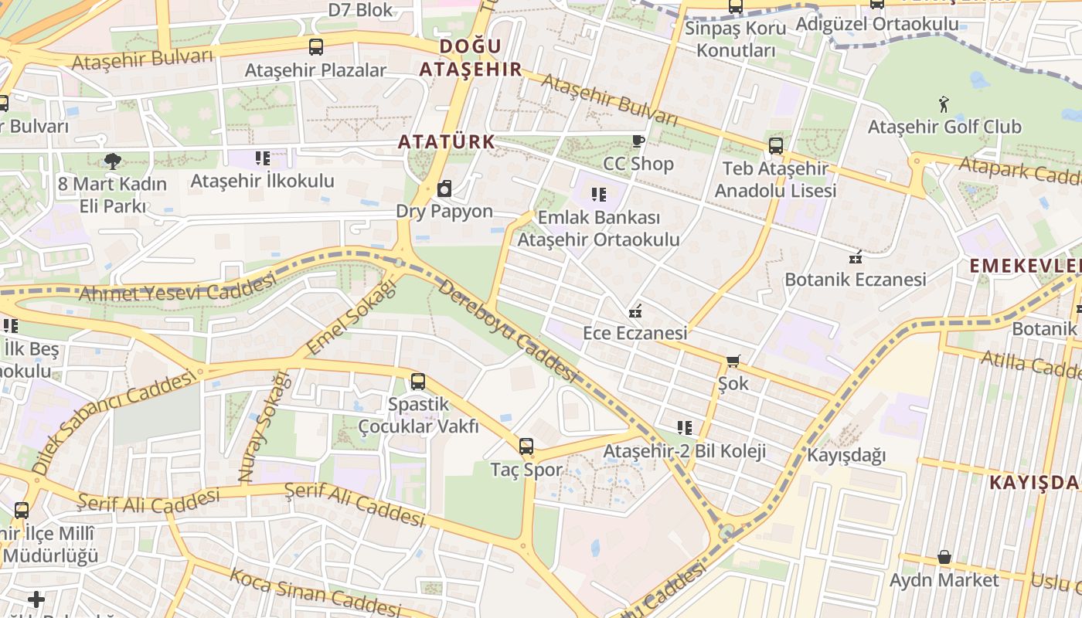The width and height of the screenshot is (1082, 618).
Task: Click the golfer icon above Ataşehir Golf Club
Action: coord(944,104)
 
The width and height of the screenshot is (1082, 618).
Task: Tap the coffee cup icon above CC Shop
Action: coord(638,141)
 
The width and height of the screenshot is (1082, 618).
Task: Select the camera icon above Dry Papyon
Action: coord(444,189)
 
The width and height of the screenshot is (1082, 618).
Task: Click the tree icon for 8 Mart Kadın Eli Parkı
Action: coord(112,161)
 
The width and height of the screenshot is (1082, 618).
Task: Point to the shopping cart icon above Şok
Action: coord(733,361)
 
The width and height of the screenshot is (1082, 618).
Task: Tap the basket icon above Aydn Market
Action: coord(944,557)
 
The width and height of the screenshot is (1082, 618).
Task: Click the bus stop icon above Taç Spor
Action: coord(526,446)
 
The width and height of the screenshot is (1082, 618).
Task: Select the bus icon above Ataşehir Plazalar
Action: coord(315,46)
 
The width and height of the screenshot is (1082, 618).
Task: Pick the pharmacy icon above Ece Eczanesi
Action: coord(635,311)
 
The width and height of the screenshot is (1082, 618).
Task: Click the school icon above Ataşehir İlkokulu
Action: coord(263,158)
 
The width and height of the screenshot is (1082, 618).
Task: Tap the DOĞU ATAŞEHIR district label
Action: coord(471,58)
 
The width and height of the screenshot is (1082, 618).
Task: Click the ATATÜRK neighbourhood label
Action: coord(446,142)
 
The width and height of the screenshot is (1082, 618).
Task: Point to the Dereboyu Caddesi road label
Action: coord(508,330)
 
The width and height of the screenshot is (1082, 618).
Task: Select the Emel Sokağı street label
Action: coord(351,317)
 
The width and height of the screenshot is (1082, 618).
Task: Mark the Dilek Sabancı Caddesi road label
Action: coord(113,422)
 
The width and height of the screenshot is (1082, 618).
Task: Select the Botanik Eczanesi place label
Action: coord(855,279)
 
